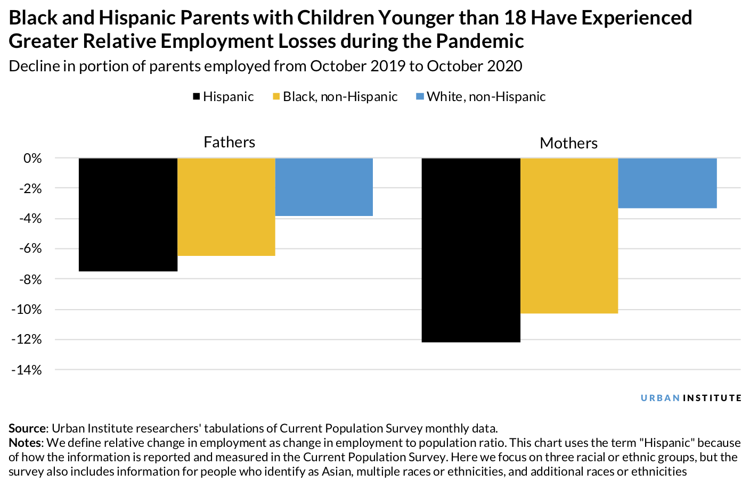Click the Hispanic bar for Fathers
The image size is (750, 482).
coord(128,214)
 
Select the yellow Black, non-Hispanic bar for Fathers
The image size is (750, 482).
coord(226,207)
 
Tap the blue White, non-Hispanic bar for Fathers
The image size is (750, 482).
coord(324,187)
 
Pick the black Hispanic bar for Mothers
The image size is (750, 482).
coord(471,250)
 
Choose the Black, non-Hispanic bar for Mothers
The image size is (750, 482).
coord(569,236)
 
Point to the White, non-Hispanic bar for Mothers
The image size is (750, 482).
coord(667,183)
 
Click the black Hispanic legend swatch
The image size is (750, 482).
coord(196,97)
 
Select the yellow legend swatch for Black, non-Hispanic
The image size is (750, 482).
coord(276,97)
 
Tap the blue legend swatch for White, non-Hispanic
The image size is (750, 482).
coord(420,97)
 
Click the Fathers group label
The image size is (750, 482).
coord(229,142)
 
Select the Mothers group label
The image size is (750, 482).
coord(568,143)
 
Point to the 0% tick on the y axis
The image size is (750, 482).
coord(32,158)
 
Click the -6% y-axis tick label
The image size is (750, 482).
coord(30,248)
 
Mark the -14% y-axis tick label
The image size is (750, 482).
coord(27,370)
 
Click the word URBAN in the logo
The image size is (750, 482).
coord(660,398)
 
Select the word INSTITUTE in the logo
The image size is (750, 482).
coord(712,398)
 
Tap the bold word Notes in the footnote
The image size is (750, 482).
coord(25,443)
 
